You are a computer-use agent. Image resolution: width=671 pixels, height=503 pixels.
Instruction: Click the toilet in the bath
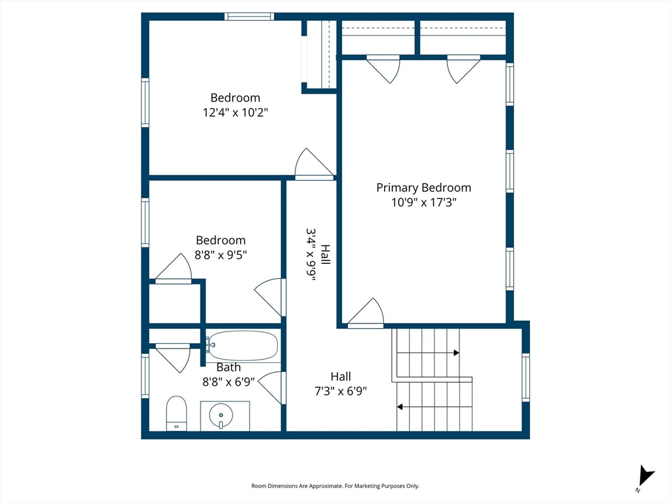click(176, 413)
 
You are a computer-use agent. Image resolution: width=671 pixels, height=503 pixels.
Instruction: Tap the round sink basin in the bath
click(221, 415)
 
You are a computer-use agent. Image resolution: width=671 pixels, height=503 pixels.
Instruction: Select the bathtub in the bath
click(242, 346)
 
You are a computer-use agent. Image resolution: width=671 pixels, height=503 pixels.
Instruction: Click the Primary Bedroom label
click(424, 188)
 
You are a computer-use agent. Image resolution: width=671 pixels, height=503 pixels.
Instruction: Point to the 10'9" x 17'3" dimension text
click(424, 202)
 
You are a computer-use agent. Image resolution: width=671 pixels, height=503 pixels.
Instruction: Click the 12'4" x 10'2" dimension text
click(235, 113)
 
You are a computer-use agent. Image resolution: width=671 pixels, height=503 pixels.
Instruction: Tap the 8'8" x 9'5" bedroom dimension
click(221, 255)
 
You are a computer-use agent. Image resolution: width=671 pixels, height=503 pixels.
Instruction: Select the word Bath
click(229, 367)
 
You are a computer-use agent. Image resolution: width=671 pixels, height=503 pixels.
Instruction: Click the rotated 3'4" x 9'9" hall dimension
click(311, 255)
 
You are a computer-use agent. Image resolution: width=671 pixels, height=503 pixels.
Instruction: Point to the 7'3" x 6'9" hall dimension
click(341, 391)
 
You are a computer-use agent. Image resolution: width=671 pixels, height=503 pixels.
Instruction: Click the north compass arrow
click(645, 475)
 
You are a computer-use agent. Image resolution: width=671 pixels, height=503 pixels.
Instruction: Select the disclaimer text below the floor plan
click(335, 486)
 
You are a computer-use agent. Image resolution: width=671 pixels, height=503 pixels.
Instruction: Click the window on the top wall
click(249, 16)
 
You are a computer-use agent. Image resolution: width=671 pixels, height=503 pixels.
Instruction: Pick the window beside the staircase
click(526, 377)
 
